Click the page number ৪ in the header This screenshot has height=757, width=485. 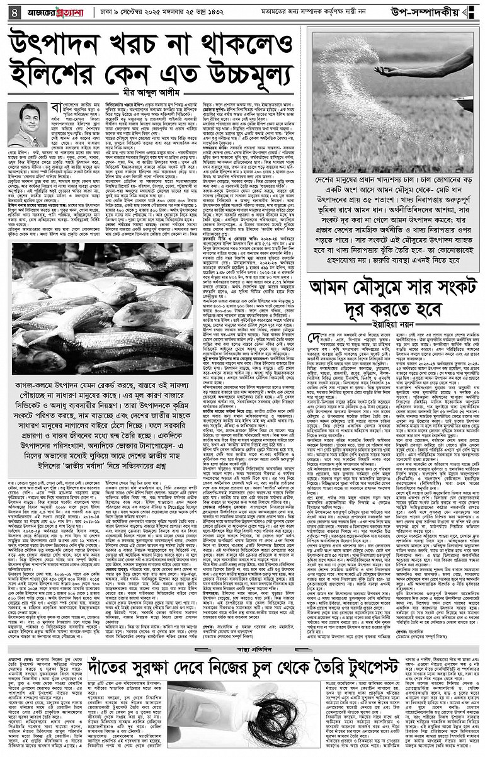(11, 11)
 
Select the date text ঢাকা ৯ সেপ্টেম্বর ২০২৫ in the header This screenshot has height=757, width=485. (142, 11)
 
